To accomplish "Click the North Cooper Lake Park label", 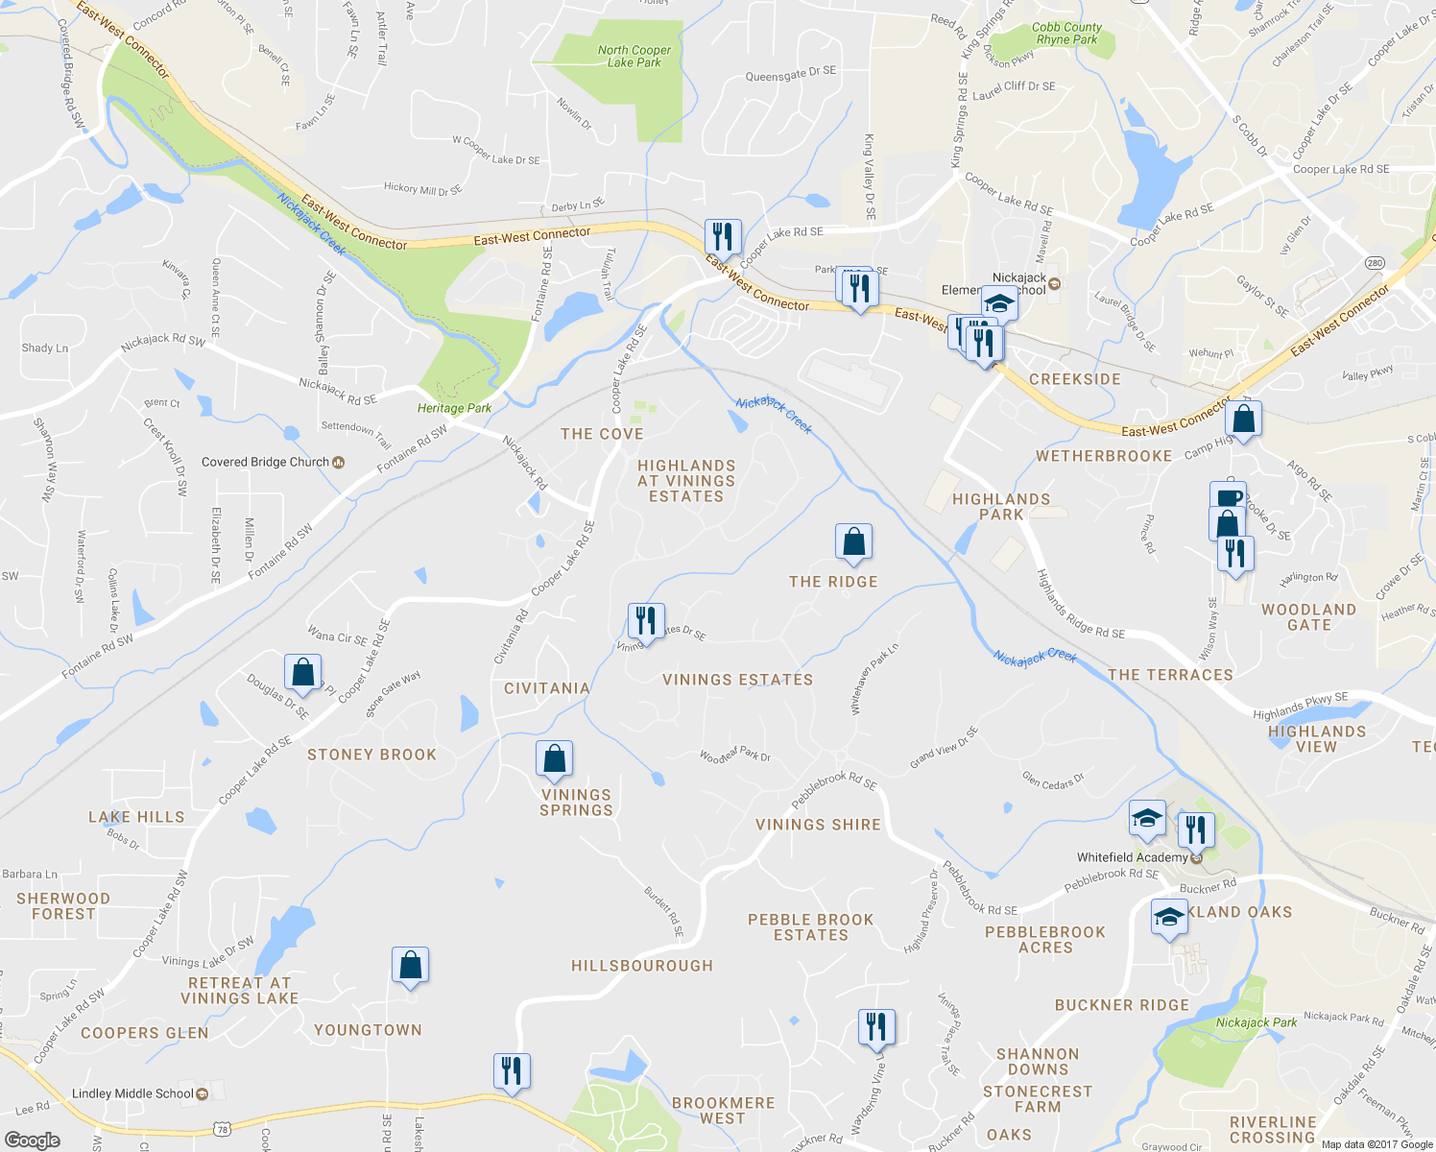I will click(634, 57).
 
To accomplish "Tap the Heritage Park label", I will click(454, 408).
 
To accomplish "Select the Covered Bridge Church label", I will click(266, 462).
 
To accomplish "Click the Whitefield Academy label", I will click(1133, 857).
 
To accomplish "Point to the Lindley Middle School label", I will click(132, 1093).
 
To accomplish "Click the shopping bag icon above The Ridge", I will click(853, 542).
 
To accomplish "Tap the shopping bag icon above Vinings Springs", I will click(554, 758).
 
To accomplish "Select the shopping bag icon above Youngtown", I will click(410, 966).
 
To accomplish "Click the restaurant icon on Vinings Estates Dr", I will click(646, 621).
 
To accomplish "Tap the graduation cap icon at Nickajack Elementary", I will click(999, 302).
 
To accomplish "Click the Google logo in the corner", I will click(32, 1140).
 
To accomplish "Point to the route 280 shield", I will click(1375, 262).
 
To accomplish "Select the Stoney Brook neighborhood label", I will click(371, 755).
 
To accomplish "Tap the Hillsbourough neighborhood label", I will click(641, 966).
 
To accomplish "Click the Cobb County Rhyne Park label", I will click(1066, 34).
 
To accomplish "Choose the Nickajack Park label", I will click(1256, 1022).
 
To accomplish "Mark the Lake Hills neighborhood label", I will click(136, 817).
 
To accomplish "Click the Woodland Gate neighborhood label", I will click(1308, 617).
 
